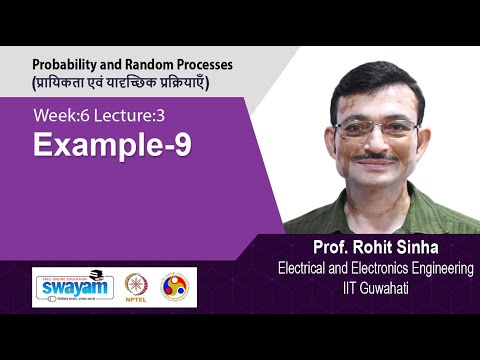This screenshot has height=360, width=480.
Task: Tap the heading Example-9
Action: pos(113,147)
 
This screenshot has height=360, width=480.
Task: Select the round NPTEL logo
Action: pos(136,287)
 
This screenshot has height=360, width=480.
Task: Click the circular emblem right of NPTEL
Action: pos(174,287)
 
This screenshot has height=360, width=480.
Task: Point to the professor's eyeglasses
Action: pos(378,128)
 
